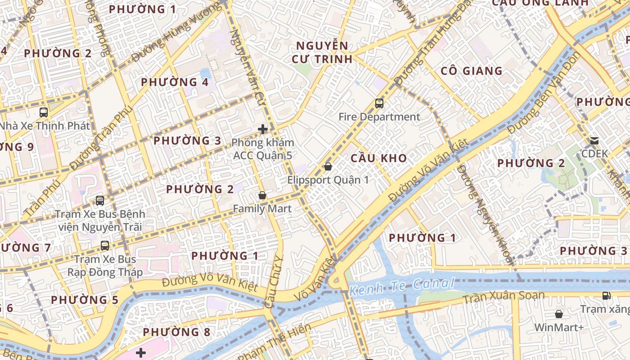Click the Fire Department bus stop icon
coord(379,103)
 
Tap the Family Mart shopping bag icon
coord(262,195)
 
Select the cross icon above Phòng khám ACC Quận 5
coord(263,130)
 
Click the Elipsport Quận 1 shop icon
coord(328,166)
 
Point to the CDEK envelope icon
coord(594,141)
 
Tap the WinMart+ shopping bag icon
coord(559,314)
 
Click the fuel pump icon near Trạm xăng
coord(607,296)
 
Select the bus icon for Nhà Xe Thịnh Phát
coord(44,112)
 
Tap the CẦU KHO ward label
coord(378,158)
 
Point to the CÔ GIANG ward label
coord(471,71)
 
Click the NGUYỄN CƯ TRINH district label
coord(322,52)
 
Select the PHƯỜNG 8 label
coord(176,332)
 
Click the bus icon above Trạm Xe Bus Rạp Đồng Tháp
coord(105,246)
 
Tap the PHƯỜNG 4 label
coord(175,82)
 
